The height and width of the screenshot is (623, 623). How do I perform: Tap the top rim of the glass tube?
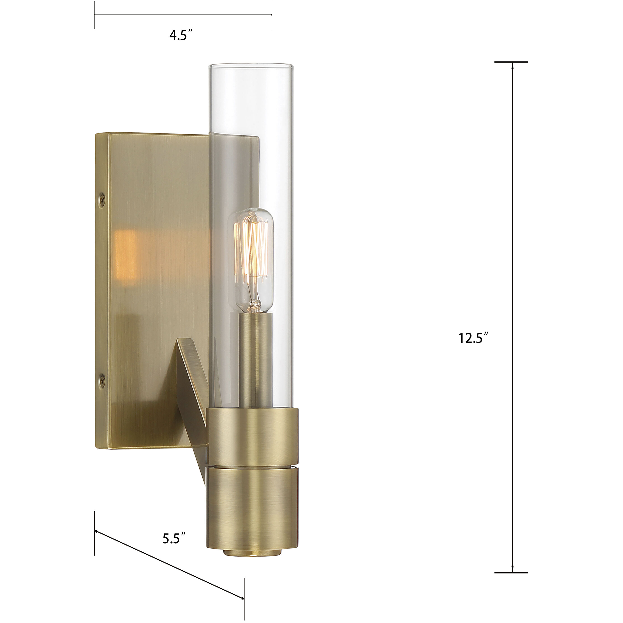point(250,65)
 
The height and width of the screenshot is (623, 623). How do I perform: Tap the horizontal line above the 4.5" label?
point(183,15)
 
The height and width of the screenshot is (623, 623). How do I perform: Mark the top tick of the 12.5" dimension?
point(511,62)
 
